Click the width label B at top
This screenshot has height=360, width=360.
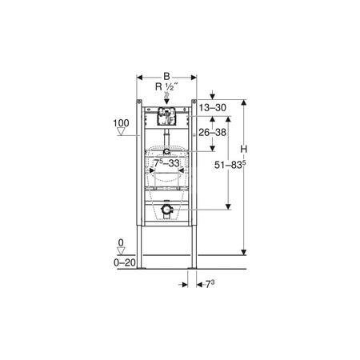pos(166,77)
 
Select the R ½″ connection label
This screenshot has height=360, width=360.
pos(166,86)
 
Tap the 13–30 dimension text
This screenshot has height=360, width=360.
pos(213,108)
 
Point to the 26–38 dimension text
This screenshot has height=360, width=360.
pos(213,132)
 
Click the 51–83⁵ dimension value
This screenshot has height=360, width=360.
pos(230,165)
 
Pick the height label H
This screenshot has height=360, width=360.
pos(244,150)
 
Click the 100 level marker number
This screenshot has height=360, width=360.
pos(121,123)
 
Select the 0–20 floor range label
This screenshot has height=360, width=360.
pos(125,262)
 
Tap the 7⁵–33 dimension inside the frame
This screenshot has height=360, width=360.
pos(166,162)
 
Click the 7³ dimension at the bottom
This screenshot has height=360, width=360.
pos(210,284)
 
